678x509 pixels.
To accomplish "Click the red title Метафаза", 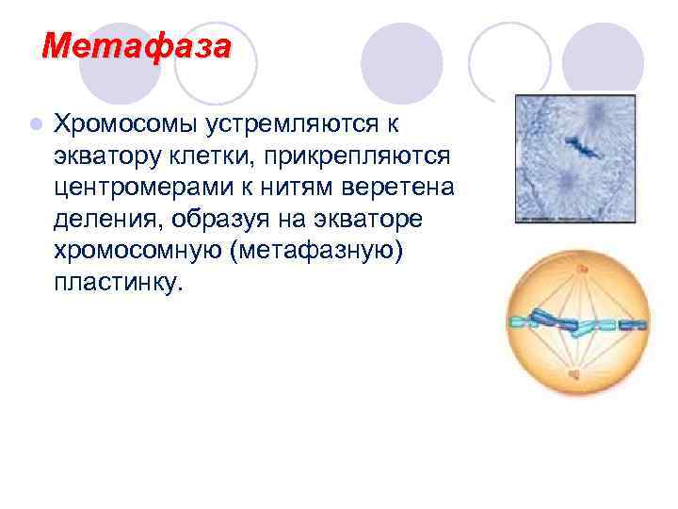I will (137, 44).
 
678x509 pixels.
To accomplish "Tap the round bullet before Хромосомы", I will (35, 123).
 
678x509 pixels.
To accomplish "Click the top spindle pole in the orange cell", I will (581, 271).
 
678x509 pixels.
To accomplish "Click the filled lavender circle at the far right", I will (602, 59).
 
